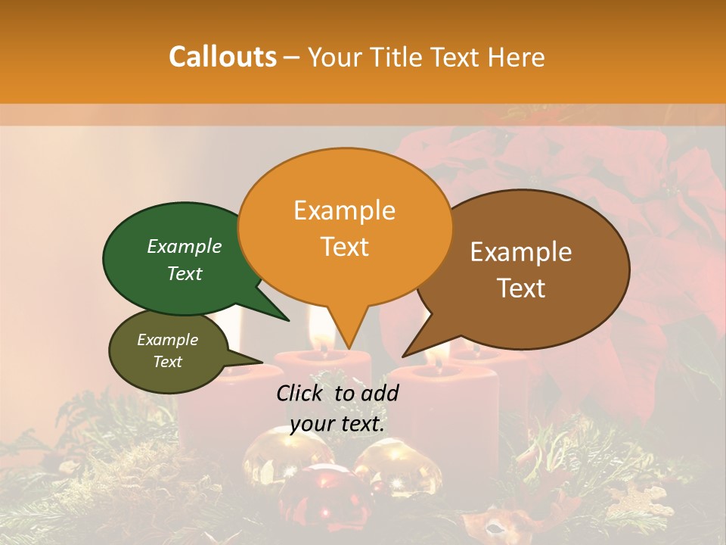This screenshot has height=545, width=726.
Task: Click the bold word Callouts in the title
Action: pyautogui.click(x=222, y=57)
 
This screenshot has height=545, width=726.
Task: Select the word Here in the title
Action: pyautogui.click(x=517, y=58)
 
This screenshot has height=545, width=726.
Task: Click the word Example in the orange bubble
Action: pyautogui.click(x=344, y=210)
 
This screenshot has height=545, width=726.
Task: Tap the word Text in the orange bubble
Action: pyautogui.click(x=344, y=247)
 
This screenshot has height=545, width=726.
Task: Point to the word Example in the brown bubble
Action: pyautogui.click(x=521, y=252)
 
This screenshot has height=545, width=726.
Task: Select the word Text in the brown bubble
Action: pyautogui.click(x=522, y=288)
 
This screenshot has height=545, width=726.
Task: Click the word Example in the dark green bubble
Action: pyautogui.click(x=185, y=247)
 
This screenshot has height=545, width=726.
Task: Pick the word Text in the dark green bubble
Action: pyautogui.click(x=185, y=273)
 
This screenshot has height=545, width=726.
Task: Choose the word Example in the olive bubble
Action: pyautogui.click(x=168, y=340)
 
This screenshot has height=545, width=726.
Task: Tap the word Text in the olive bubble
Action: pyautogui.click(x=168, y=362)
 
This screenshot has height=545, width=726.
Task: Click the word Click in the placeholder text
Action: pyautogui.click(x=302, y=393)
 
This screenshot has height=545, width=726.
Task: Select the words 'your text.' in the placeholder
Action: pyautogui.click(x=337, y=424)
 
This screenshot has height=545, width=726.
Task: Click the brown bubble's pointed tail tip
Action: pyautogui.click(x=403, y=356)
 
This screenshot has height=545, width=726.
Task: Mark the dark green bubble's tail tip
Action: pyautogui.click(x=288, y=320)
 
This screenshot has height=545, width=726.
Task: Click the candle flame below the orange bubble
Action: pyautogui.click(x=323, y=334)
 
